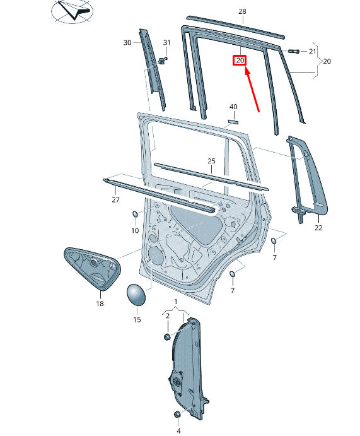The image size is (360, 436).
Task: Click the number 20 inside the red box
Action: point(240,61)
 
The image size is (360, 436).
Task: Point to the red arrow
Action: point(252,88)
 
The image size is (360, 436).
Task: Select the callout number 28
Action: point(242,12)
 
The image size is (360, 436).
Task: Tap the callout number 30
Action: point(127,42)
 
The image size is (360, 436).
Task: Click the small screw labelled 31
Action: point(163,60)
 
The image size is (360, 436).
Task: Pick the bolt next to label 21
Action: point(294,50)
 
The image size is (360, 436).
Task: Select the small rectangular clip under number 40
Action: point(233,121)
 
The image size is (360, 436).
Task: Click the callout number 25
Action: point(211,161)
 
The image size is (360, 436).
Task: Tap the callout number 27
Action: point(115,200)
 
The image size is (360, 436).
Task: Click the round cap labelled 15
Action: point(136,295)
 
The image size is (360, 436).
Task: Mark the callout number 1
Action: point(176,302)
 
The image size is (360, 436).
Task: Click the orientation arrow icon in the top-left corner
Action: point(71,11)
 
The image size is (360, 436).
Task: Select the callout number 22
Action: point(318,228)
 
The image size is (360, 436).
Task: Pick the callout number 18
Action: point(100,303)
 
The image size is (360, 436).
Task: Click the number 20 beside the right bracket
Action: point(327,61)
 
